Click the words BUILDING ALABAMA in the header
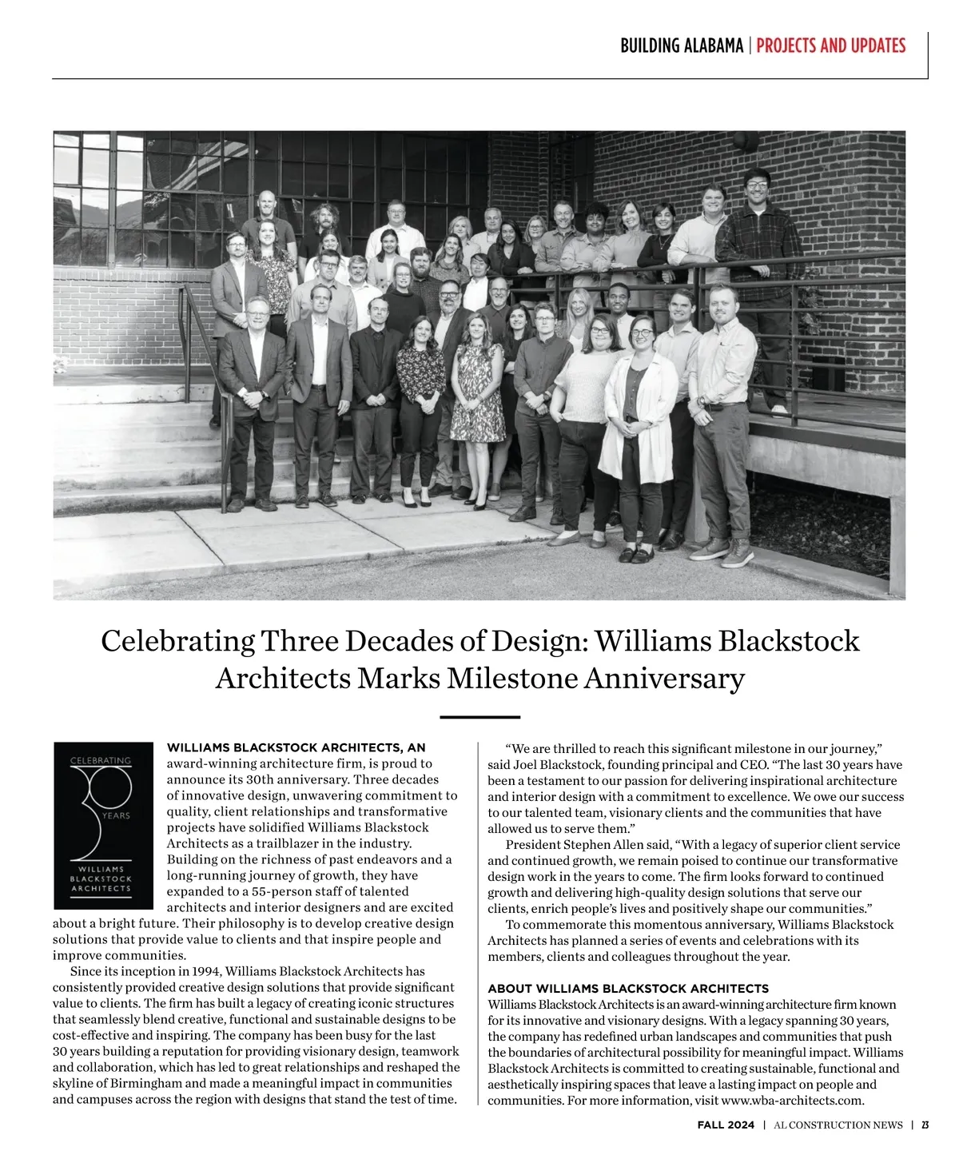click(682, 46)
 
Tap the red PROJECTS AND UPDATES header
click(830, 46)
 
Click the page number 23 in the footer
click(925, 1125)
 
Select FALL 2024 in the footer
click(726, 1125)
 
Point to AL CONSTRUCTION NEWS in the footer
click(838, 1125)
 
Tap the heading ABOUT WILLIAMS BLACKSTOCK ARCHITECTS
click(628, 989)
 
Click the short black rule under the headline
click(479, 717)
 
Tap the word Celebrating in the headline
click(178, 641)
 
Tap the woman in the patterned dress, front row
click(477, 392)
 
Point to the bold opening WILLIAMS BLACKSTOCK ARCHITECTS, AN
click(296, 748)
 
